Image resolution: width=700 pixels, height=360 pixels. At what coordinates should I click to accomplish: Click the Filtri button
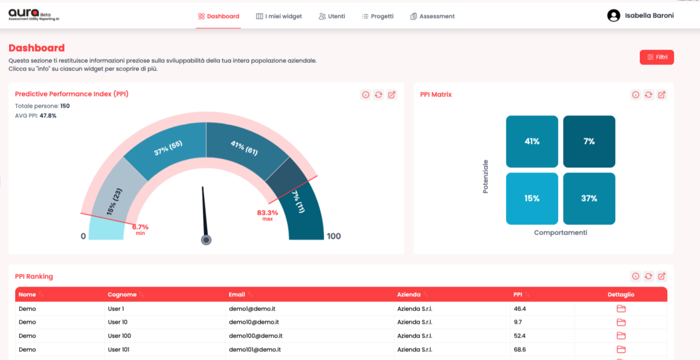[x=656, y=57]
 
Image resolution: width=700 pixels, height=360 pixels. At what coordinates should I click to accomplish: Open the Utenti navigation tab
[x=332, y=16]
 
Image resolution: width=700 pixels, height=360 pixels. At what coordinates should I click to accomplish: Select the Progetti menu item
[x=377, y=16]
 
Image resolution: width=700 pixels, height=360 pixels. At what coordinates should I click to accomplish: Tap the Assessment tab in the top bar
[x=433, y=16]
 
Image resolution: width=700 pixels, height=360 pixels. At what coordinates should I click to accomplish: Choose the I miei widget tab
[x=279, y=16]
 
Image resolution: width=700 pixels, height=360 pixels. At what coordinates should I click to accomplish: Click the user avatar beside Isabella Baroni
[x=613, y=16]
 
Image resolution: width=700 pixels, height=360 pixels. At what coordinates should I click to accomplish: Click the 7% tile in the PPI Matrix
[x=589, y=141]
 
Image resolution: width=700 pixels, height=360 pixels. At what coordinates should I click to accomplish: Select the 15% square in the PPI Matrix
[x=532, y=199]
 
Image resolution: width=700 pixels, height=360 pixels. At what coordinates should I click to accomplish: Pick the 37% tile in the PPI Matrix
[x=589, y=199]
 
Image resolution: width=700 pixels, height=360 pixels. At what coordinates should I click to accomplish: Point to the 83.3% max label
[x=267, y=215]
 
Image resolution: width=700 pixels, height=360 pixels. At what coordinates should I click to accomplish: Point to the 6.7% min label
[x=140, y=229]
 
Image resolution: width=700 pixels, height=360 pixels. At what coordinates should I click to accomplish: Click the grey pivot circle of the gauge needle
[x=206, y=240]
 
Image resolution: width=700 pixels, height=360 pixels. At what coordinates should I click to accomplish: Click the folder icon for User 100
[x=621, y=336]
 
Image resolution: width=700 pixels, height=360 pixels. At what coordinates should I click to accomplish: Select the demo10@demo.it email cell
[x=254, y=322]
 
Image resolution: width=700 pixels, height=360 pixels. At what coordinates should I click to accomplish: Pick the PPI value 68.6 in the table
[x=520, y=349]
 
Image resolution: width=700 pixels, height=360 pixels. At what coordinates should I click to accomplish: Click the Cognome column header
[x=122, y=294]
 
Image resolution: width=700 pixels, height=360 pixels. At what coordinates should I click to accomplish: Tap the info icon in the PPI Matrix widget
[x=635, y=95]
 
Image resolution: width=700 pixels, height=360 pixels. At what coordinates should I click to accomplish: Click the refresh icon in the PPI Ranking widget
[x=648, y=276]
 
